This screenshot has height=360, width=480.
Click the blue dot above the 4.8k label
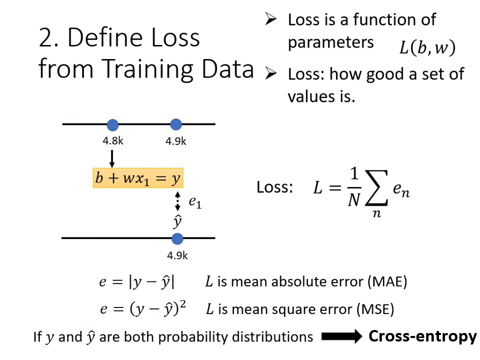[x=112, y=124]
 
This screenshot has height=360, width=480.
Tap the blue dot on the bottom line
[x=177, y=238]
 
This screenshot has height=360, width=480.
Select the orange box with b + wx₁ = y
[x=138, y=178]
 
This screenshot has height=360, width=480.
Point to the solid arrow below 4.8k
[x=112, y=158]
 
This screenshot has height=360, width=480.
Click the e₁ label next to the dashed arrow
[x=194, y=202]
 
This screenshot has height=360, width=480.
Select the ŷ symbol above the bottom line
[x=177, y=221]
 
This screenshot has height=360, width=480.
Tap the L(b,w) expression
[x=427, y=48]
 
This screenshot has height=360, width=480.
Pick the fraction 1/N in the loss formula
[x=353, y=187]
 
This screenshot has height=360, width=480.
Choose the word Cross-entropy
[x=422, y=336]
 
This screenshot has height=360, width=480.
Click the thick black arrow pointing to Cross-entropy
[x=341, y=337]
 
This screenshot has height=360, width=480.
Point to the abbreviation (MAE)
[x=387, y=281]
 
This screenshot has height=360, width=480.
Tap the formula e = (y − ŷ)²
[x=142, y=309]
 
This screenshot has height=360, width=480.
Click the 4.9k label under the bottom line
[x=177, y=255]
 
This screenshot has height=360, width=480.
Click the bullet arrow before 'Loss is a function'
[x=270, y=20]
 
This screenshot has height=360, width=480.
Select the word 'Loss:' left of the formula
[x=274, y=187]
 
